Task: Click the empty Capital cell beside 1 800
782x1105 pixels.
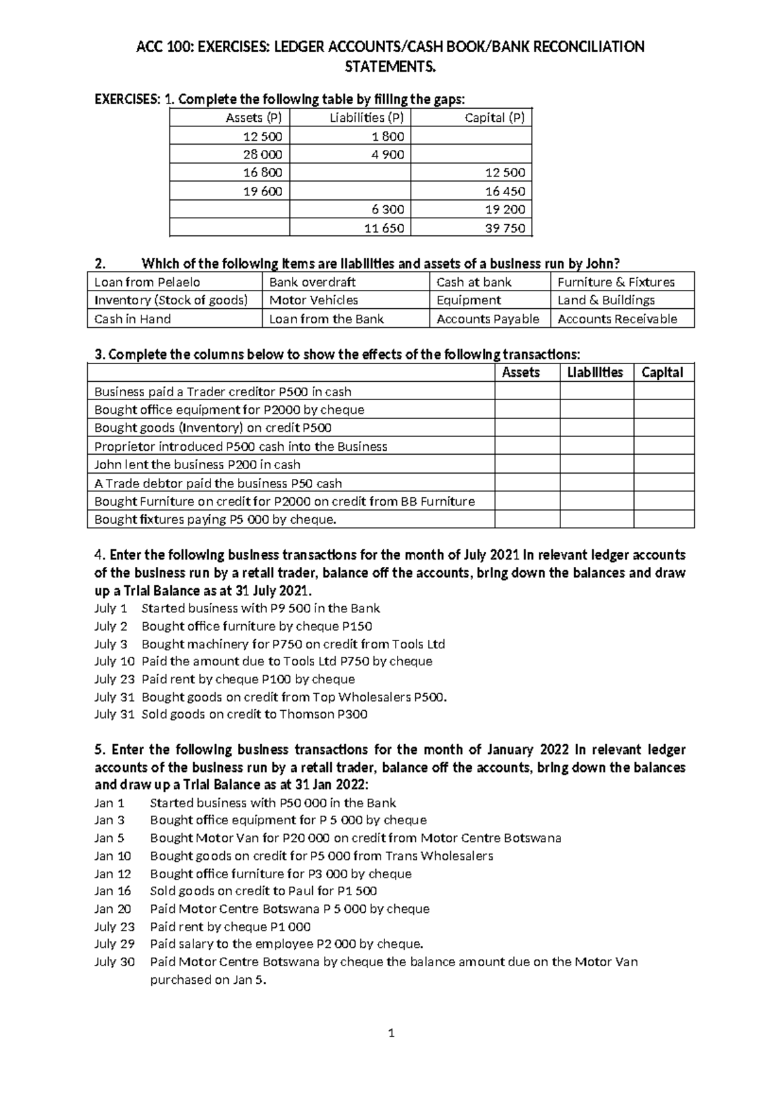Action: [471, 136]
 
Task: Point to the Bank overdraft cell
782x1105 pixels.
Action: [312, 282]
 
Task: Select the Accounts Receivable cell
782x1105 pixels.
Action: [617, 319]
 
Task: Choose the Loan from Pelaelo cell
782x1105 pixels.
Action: [147, 282]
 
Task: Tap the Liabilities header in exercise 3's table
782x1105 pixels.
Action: [595, 373]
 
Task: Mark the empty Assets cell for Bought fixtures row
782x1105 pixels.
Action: [527, 519]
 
